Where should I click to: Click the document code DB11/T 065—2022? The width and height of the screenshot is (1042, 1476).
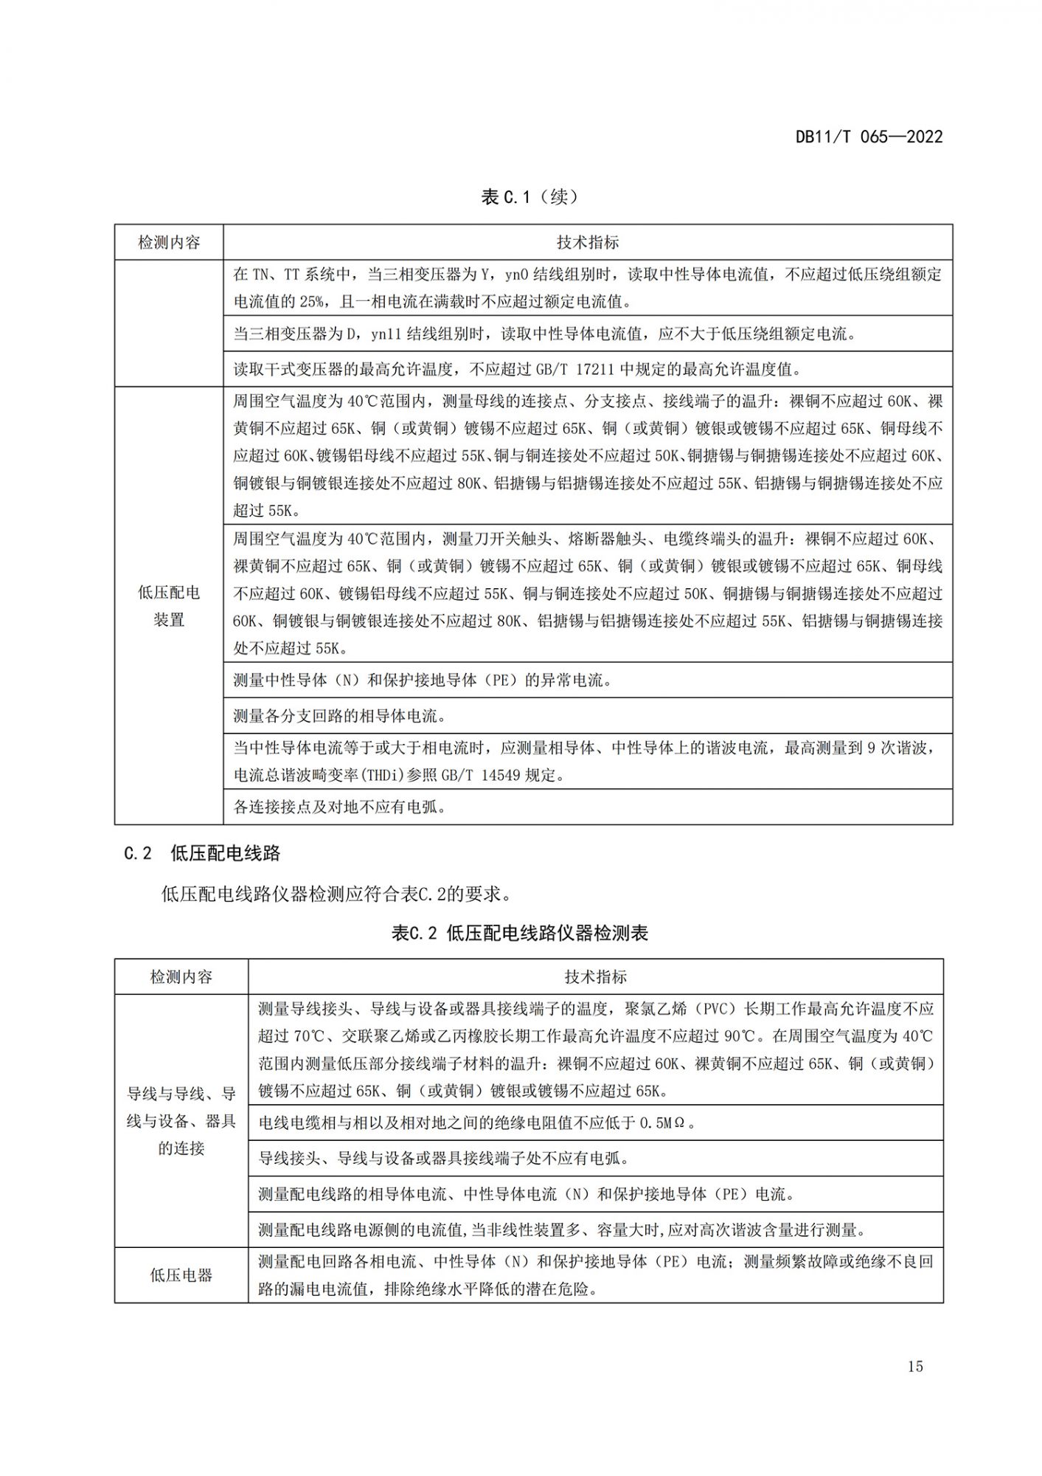pos(869,137)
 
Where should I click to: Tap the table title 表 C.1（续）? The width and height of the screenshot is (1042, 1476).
pos(529,197)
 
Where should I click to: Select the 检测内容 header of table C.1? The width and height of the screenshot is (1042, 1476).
pos(169,242)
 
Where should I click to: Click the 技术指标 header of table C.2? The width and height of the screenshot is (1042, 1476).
pos(595,976)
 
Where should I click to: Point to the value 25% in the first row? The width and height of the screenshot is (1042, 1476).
pos(318,302)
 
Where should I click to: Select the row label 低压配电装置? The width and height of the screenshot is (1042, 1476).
pos(169,606)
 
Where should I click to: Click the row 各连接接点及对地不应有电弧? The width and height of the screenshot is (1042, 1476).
pos(339,807)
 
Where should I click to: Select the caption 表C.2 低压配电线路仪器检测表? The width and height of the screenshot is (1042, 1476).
pos(520,934)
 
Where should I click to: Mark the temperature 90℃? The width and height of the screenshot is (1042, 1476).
pos(741,1036)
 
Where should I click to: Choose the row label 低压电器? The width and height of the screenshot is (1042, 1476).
pos(181,1275)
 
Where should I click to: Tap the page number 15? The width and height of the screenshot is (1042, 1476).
pos(915,1366)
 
